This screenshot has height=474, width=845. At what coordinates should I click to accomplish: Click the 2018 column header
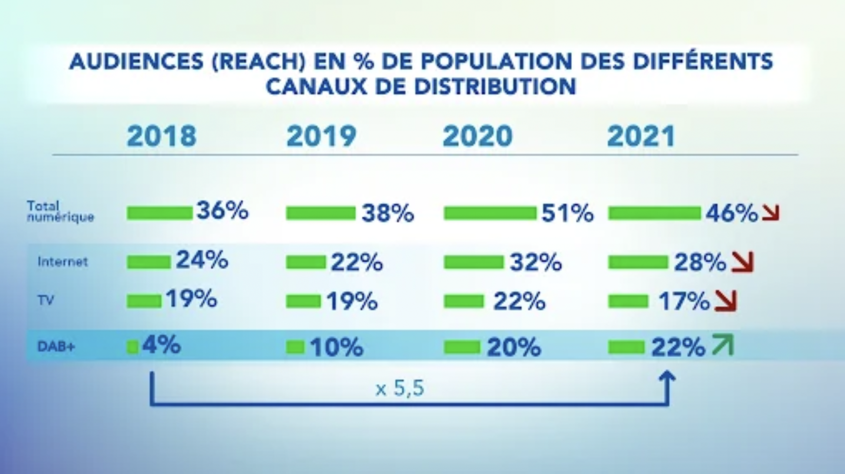(x=162, y=136)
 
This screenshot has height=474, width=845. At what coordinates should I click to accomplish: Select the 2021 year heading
(x=641, y=136)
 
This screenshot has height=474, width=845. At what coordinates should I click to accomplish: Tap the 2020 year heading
(x=478, y=136)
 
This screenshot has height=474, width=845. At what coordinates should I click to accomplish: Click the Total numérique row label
(x=59, y=211)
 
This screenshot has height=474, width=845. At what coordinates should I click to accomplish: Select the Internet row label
(x=63, y=262)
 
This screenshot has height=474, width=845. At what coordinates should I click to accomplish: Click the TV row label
(x=46, y=301)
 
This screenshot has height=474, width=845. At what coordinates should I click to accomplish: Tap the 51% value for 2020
(x=568, y=213)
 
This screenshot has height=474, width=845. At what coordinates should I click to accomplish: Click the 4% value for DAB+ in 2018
(x=161, y=345)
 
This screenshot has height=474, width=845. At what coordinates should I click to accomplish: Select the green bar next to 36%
(x=160, y=213)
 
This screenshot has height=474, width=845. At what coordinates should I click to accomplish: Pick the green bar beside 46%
(x=654, y=213)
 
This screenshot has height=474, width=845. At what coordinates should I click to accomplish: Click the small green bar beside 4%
(x=132, y=347)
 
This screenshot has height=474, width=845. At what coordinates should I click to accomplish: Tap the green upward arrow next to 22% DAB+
(x=722, y=345)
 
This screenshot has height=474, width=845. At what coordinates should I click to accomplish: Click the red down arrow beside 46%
(x=771, y=213)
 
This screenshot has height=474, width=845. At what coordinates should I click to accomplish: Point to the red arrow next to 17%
(x=726, y=301)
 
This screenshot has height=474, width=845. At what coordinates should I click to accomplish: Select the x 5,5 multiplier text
(x=400, y=389)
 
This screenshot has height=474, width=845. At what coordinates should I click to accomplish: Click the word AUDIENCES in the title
(x=136, y=62)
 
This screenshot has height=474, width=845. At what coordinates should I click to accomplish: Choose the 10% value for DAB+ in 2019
(x=336, y=347)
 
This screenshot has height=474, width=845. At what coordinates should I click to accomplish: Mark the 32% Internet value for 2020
(x=535, y=262)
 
